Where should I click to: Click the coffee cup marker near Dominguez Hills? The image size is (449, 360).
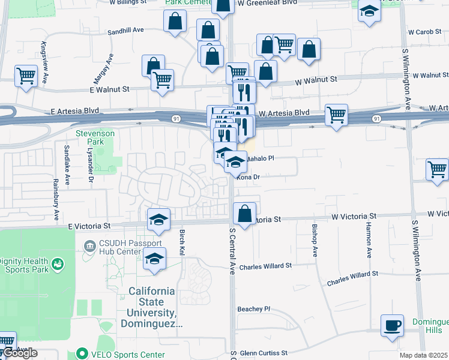pyautogui.click(x=393, y=326)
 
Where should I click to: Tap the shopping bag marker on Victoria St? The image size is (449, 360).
pyautogui.click(x=244, y=214)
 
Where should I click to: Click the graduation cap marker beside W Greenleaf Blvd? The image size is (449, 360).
pyautogui.click(x=369, y=11)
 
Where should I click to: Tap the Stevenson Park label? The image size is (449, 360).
pyautogui.click(x=89, y=137)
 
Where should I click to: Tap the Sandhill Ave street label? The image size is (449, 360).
pyautogui.click(x=126, y=31)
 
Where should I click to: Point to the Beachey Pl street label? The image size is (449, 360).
pyautogui.click(x=254, y=309)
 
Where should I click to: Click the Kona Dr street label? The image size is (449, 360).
pyautogui.click(x=249, y=177)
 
